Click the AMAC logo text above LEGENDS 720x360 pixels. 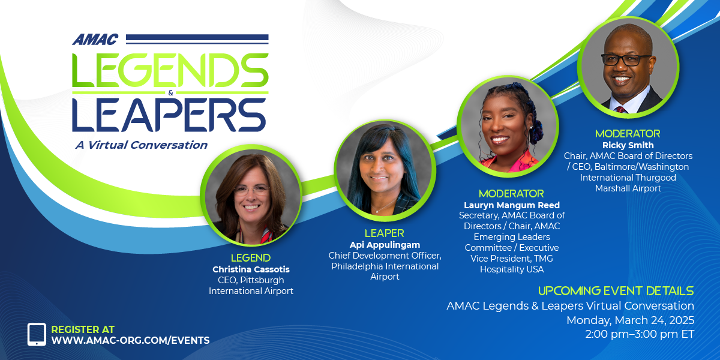tap(95, 39)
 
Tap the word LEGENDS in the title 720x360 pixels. tap(170, 70)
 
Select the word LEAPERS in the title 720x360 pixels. tap(169, 115)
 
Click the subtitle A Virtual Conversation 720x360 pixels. tap(142, 145)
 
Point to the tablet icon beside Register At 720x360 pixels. tap(37, 334)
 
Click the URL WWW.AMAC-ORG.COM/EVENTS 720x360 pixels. tap(131, 340)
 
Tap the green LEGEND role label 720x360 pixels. tap(251, 258)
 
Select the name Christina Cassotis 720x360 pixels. tap(251, 269)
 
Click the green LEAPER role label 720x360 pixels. tap(385, 233)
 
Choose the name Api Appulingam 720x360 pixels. tap(385, 245)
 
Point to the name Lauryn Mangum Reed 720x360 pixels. tap(512, 205)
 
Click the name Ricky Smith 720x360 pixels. tap(628, 145)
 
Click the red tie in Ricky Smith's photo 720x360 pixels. tap(620, 110)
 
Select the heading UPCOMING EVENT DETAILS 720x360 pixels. tap(616, 291)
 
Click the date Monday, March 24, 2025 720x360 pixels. tap(631, 320)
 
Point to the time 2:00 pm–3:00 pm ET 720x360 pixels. tap(640, 334)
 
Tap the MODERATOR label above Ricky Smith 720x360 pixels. tap(628, 133)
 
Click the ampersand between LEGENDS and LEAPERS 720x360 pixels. tap(170, 93)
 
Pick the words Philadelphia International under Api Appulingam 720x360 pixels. tap(385, 266)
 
